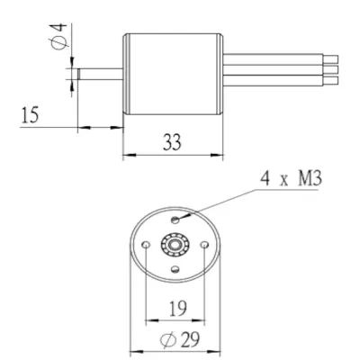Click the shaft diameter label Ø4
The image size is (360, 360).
tap(59, 37)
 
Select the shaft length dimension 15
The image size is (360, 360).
tap(31, 115)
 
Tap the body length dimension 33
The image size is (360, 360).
tap(172, 142)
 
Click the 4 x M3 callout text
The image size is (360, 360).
tap(291, 179)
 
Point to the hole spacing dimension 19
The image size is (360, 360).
tap(178, 309)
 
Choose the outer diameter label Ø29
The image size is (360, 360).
tap(180, 340)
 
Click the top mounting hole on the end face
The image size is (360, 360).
tap(175, 220)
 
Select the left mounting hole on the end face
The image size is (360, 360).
tap(146, 245)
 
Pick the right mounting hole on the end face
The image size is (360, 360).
tap(204, 245)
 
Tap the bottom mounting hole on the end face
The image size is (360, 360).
tap(175, 269)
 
